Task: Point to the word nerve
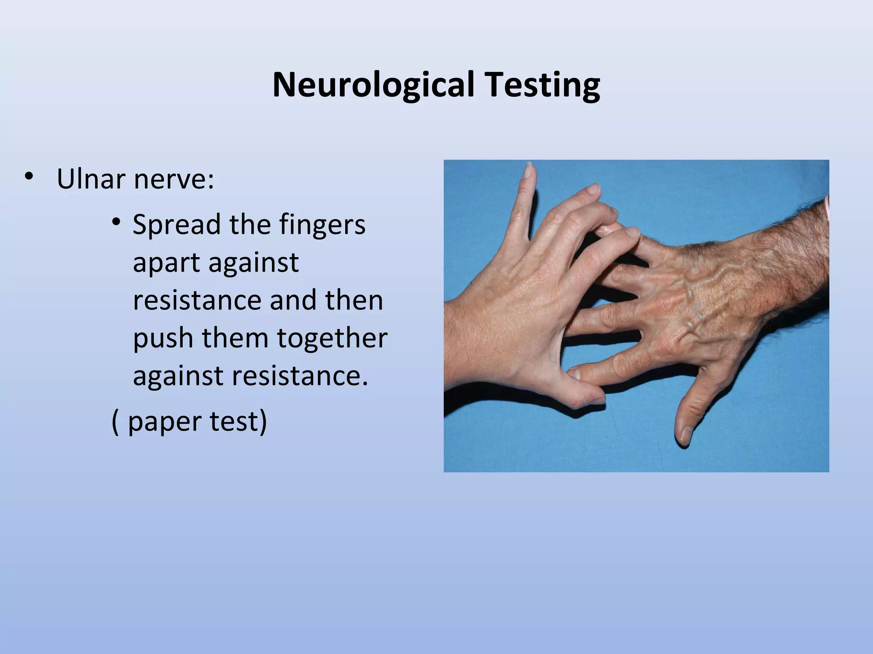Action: (x=173, y=180)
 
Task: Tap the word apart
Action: (x=165, y=263)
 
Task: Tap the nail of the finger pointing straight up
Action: (x=529, y=170)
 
